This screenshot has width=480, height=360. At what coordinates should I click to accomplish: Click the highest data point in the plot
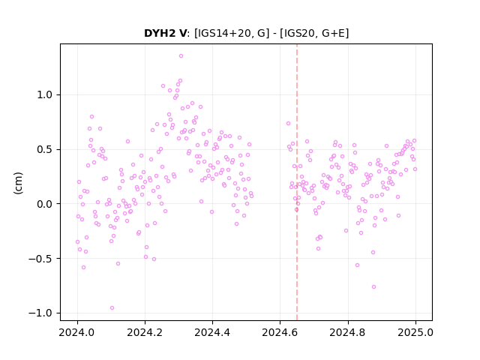click(x=181, y=55)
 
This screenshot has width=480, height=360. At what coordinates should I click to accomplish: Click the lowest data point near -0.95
click(x=112, y=307)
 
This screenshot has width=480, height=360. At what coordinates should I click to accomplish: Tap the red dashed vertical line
click(x=297, y=182)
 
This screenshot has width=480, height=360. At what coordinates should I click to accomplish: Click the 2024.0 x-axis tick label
click(x=77, y=332)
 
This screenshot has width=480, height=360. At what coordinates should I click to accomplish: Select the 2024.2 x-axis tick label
click(x=145, y=332)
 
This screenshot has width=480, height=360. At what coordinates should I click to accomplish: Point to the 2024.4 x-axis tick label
click(x=212, y=332)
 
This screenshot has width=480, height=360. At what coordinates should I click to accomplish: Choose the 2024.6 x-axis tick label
click(x=280, y=332)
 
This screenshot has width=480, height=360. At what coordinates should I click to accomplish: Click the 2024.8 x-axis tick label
click(x=348, y=332)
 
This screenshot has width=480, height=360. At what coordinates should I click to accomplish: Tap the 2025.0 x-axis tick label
click(x=415, y=332)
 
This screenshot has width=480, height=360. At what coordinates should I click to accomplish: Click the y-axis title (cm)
click(x=18, y=183)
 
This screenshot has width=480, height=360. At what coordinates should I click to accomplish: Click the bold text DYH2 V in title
click(x=165, y=33)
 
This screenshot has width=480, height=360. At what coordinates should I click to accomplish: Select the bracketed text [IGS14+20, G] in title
click(x=232, y=33)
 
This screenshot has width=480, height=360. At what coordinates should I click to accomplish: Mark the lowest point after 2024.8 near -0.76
click(x=373, y=286)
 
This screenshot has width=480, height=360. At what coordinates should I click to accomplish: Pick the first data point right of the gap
click(x=288, y=123)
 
